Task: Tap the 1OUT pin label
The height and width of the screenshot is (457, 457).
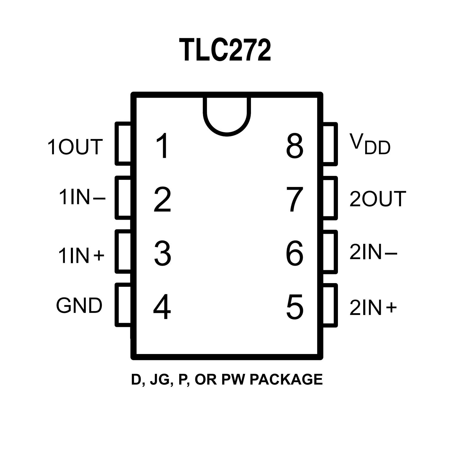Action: [75, 147]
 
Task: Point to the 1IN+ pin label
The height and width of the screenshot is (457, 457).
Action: [81, 255]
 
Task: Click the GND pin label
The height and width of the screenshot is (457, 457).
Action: [79, 305]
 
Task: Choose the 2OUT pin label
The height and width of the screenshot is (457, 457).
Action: [378, 199]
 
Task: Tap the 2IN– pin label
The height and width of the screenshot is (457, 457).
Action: [373, 252]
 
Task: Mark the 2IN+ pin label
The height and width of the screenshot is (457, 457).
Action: [373, 308]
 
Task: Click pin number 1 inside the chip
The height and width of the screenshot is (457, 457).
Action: [163, 146]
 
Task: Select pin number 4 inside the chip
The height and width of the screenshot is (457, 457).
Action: [162, 307]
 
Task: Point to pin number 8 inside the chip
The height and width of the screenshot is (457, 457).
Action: [294, 146]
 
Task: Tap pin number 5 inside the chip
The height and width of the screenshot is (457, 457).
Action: [294, 307]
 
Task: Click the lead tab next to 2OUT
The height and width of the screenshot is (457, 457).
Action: [330, 198]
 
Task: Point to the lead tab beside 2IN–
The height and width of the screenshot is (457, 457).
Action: [330, 252]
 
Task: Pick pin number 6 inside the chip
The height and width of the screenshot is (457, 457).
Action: [294, 253]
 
